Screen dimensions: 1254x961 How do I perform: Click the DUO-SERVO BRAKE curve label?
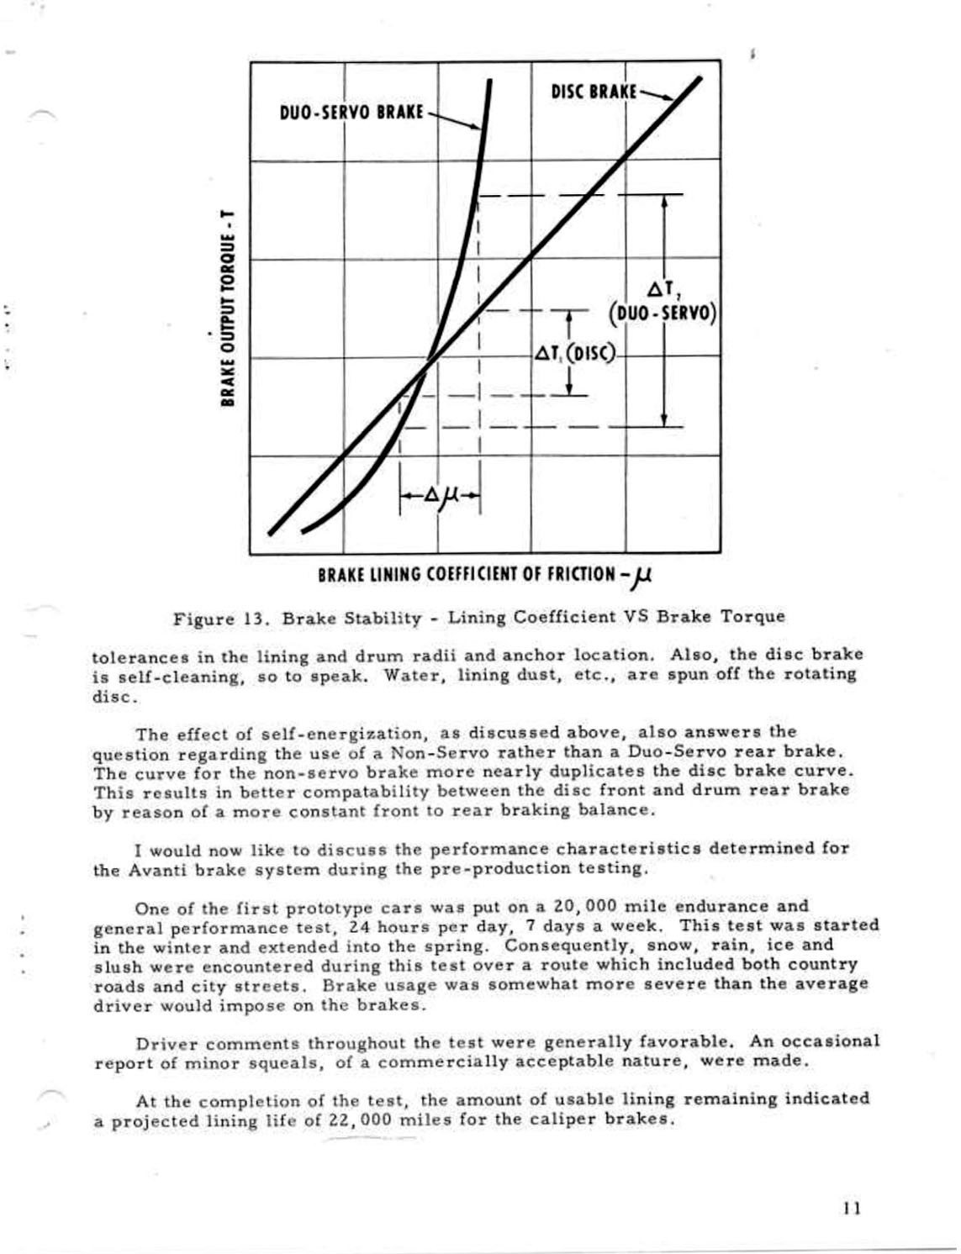351,112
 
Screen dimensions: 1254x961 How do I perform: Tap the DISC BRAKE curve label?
594,91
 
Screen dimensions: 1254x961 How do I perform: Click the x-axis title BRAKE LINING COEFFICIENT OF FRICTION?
484,576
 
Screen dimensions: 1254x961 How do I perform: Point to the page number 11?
851,1209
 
